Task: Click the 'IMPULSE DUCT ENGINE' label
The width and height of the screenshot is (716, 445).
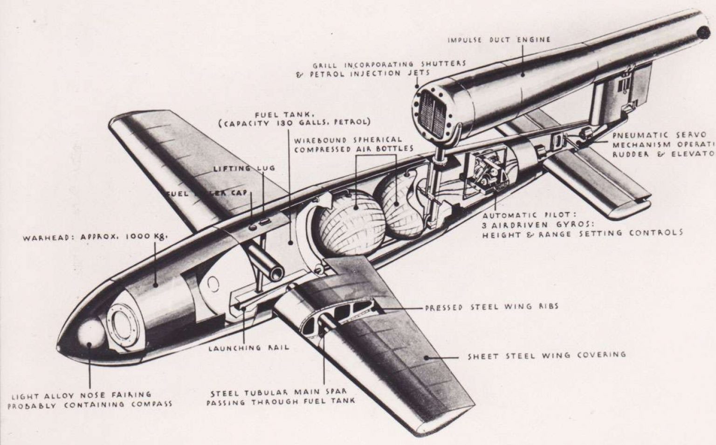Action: point(499,40)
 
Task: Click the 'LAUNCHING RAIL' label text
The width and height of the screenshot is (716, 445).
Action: point(248,348)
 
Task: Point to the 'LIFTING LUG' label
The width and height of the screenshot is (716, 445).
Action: point(244,168)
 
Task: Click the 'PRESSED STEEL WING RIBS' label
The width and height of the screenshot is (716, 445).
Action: point(491,307)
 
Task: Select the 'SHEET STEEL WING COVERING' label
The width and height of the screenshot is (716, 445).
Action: point(546,355)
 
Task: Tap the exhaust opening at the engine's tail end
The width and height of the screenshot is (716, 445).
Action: point(703,32)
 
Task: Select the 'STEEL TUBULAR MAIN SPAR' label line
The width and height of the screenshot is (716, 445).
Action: point(278,392)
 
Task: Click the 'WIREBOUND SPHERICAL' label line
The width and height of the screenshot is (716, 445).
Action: point(348,140)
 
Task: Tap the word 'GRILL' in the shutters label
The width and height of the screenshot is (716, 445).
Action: point(324,65)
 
